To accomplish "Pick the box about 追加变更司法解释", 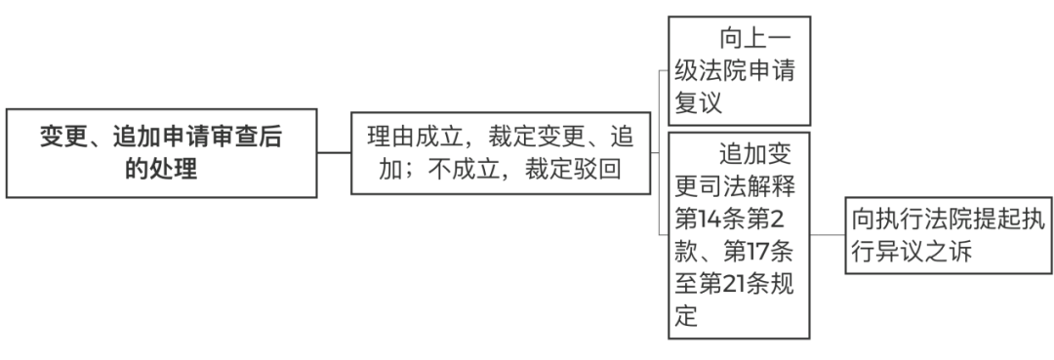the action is pyautogui.click(x=739, y=234).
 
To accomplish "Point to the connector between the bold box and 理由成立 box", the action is pyautogui.click(x=335, y=152).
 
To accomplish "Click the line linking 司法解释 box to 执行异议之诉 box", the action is pyautogui.click(x=827, y=234).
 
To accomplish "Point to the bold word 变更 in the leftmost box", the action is pyautogui.click(x=61, y=136).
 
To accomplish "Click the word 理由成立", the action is pyautogui.click(x=418, y=136).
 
